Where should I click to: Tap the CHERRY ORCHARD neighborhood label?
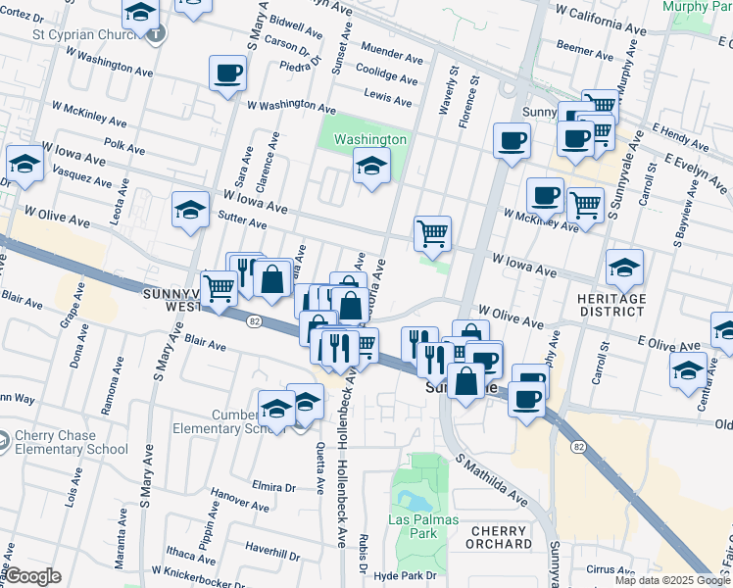pyautogui.click(x=500, y=537)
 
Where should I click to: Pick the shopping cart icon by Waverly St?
pyautogui.click(x=432, y=233)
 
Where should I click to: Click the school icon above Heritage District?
pyautogui.click(x=623, y=267)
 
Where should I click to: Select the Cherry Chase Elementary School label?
pyautogui.click(x=71, y=442)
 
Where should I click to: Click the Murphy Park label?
pyautogui.click(x=696, y=7)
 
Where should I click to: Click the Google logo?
pyautogui.click(x=33, y=576)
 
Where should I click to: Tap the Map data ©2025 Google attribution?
pyautogui.click(x=671, y=580)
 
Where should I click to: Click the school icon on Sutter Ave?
pyautogui.click(x=190, y=210)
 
